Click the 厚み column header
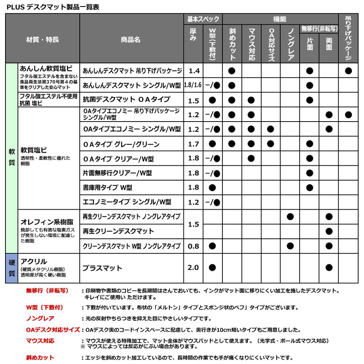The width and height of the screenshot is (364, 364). pyautogui.click(x=193, y=35)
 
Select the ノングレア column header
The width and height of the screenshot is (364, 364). pyautogui.click(x=290, y=44)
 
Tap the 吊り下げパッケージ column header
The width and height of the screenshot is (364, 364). pyautogui.click(x=348, y=38)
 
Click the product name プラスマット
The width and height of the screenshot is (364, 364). pyautogui.click(x=102, y=268)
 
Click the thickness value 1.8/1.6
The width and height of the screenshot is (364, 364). pyautogui.click(x=193, y=85)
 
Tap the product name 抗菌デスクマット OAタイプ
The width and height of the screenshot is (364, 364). pyautogui.click(x=121, y=99)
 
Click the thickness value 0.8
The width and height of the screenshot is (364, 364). pyautogui.click(x=193, y=246)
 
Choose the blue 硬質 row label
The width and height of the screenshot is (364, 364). pyautogui.click(x=12, y=268)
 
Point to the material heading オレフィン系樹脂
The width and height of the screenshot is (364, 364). pyautogui.click(x=47, y=222)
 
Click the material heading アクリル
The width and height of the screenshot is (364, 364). pyautogui.click(x=34, y=261)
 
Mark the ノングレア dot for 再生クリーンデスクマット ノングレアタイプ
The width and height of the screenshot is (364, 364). pyautogui.click(x=290, y=217)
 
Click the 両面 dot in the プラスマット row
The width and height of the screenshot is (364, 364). pyautogui.click(x=329, y=268)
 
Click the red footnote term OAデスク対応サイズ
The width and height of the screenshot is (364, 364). pyautogui.click(x=53, y=330)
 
